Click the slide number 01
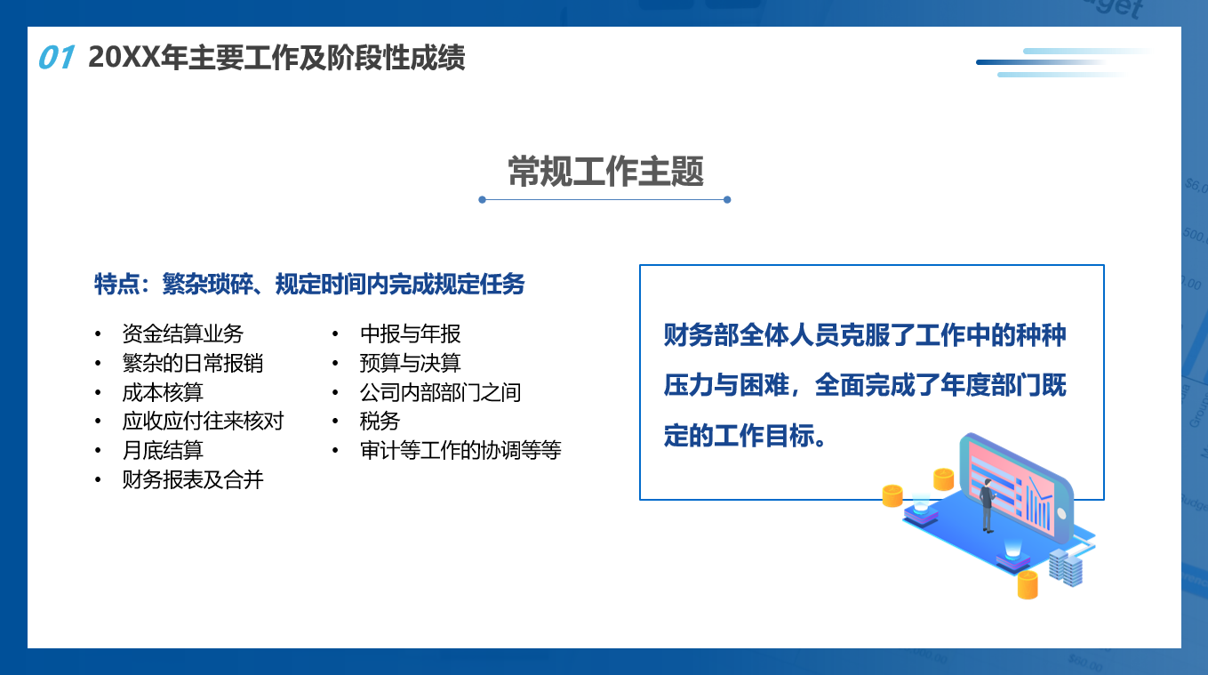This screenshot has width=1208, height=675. [56, 57]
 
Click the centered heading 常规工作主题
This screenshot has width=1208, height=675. [605, 172]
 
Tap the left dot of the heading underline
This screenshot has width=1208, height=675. [482, 199]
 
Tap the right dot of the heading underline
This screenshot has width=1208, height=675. [727, 199]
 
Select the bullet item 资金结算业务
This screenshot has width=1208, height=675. [183, 333]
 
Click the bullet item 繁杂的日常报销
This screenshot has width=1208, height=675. [193, 363]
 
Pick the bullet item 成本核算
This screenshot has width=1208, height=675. [163, 391]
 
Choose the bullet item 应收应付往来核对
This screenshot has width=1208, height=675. [203, 421]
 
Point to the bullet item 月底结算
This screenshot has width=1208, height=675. [163, 450]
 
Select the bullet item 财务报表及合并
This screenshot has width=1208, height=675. [193, 479]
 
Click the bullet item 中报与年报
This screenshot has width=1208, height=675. [411, 333]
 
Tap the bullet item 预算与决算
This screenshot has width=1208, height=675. [411, 363]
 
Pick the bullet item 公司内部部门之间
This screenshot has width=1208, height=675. [441, 391]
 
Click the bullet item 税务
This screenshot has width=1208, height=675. [380, 421]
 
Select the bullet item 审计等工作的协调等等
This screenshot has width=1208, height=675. [460, 450]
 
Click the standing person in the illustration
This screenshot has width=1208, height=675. [987, 505]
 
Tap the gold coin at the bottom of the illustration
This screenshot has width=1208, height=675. [1028, 585]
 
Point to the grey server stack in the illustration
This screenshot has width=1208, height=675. [1066, 567]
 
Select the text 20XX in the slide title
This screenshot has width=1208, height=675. [124, 57]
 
